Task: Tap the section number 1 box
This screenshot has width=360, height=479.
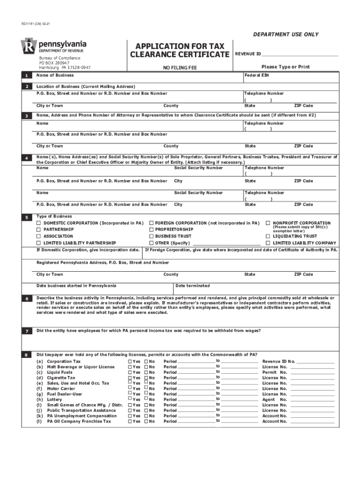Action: [27, 76]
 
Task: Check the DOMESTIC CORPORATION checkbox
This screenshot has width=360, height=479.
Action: [39, 223]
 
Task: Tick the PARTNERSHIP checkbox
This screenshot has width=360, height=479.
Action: [39, 230]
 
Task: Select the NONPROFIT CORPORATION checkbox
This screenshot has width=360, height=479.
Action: [268, 223]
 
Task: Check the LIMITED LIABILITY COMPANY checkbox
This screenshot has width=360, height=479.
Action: [268, 243]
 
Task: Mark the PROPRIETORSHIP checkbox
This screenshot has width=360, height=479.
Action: [151, 230]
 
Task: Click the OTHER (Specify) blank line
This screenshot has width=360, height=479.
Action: [226, 244]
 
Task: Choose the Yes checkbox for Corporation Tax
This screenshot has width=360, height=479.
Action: [130, 362]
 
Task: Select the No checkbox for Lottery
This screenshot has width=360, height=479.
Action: [146, 399]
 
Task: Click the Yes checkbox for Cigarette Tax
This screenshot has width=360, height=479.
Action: [130, 377]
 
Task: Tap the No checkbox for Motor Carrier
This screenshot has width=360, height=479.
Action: [146, 388]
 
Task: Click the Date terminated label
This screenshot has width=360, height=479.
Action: [193, 286]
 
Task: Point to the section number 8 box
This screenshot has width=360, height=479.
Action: [27, 355]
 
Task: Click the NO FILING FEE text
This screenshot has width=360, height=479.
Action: [180, 68]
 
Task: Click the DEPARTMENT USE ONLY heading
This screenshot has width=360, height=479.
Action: [286, 35]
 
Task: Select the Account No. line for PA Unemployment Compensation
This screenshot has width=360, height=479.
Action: [312, 416]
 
